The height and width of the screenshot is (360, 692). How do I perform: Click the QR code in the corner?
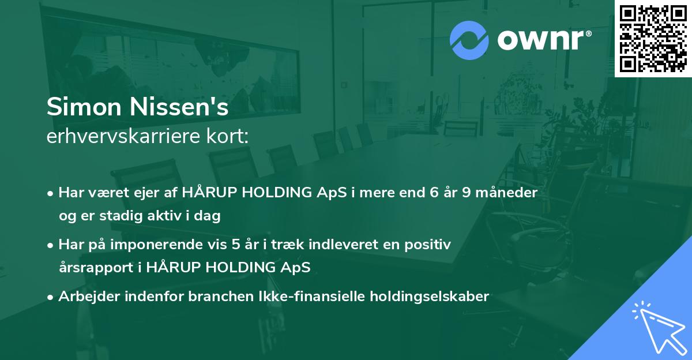coord(653,38)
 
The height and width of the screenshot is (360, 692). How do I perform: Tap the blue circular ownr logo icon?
coord(469,40)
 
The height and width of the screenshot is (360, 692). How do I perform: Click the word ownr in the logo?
coord(541,40)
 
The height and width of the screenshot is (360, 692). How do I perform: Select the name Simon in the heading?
coord(84,107)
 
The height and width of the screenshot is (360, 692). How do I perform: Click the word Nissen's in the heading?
coord(179,107)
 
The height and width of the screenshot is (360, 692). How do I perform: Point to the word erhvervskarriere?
coord(123,136)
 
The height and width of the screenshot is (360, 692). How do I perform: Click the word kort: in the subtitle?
coord(228,136)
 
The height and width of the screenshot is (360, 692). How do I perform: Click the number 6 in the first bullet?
coord(434,193)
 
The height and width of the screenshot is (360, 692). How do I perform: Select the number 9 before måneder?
coord(467,193)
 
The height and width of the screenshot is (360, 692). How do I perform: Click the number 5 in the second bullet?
coord(236,245)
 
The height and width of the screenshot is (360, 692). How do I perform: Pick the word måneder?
coord(507,193)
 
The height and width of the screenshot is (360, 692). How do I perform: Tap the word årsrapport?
coord(96,268)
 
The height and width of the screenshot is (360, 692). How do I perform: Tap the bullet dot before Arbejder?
coord(50,298)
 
